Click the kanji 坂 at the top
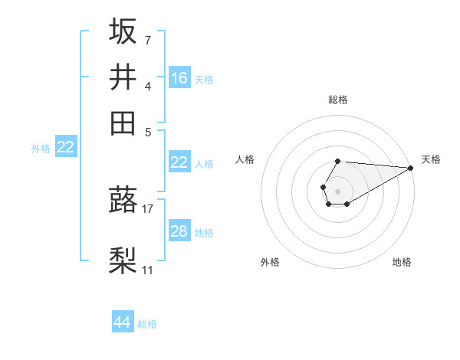[x=123, y=31]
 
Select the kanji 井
[x=123, y=77]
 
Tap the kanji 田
[x=123, y=123]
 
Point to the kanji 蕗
[x=123, y=199]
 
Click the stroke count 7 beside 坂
[x=147, y=39]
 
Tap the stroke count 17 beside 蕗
[x=148, y=208]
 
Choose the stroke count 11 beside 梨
[x=147, y=270]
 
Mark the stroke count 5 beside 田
[x=147, y=131]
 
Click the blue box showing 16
[x=179, y=78]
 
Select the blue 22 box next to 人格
[x=179, y=162]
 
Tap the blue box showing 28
[x=179, y=231]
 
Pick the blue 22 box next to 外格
[x=66, y=148]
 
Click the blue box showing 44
[x=123, y=322]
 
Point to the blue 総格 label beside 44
[x=147, y=324]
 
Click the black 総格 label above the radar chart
[x=338, y=100]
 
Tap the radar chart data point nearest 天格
[x=411, y=169]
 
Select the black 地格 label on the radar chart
[x=402, y=262]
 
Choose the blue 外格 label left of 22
[x=40, y=149]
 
